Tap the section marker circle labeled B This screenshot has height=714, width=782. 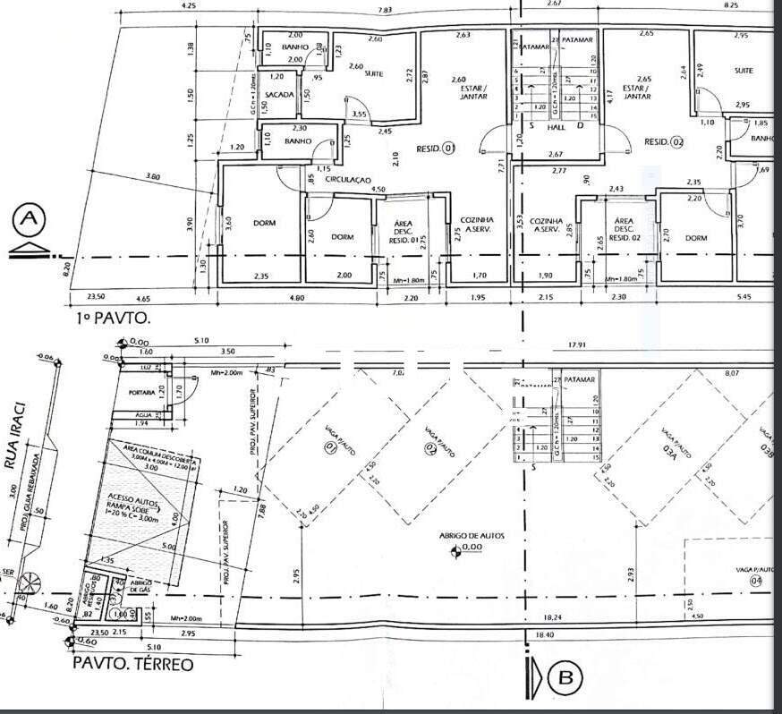click(x=565, y=678)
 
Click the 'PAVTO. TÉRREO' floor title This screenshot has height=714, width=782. click(x=132, y=665)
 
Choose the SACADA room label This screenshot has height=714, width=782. click(x=280, y=94)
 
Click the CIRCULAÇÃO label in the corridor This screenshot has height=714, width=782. click(x=347, y=180)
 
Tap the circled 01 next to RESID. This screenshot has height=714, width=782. click(x=450, y=148)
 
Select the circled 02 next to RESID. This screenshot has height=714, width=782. click(x=676, y=142)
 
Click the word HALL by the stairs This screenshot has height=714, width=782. click(x=557, y=127)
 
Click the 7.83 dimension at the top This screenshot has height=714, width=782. click(x=385, y=10)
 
